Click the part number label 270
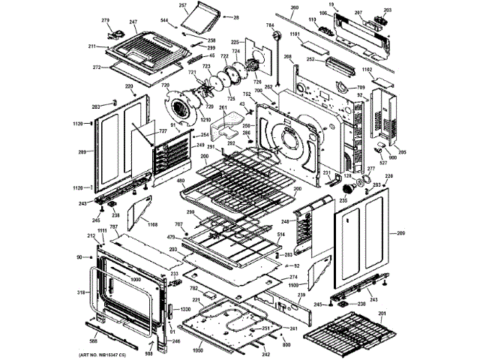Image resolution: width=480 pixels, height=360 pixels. point(105,20)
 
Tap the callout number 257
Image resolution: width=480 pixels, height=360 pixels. point(182,5)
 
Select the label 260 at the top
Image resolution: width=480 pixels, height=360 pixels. point(294,7)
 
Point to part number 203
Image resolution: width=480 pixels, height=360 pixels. point(388,10)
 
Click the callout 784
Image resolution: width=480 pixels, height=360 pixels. point(269,27)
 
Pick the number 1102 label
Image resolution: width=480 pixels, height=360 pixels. point(367,70)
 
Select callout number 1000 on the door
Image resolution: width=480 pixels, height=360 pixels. point(135,279)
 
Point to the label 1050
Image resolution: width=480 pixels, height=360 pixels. point(198,350)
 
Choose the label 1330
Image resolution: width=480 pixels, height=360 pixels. point(185,310)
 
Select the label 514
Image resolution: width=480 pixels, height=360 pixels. point(280,236)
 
